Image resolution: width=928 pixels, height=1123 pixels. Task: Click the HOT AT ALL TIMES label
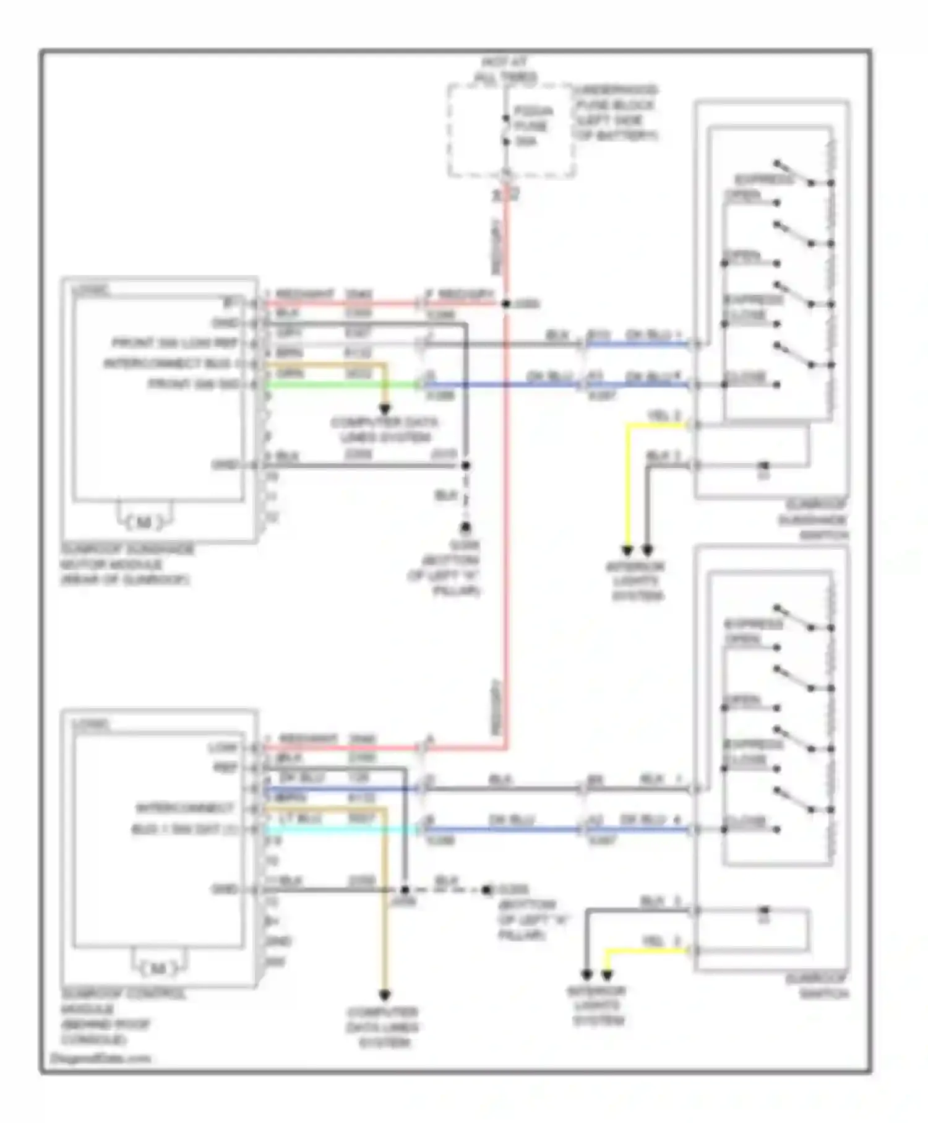coord(505,70)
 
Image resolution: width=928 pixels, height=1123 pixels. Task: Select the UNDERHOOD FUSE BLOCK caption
coord(615,113)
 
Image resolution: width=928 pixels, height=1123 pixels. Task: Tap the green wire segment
coord(340,385)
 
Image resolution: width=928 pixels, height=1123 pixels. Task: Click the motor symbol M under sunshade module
coord(144,523)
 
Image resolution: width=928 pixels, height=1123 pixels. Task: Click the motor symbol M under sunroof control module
coord(158,968)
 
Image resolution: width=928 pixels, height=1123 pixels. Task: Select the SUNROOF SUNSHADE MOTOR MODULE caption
coord(127,565)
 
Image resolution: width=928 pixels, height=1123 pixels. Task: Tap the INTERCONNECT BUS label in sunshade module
coord(167,363)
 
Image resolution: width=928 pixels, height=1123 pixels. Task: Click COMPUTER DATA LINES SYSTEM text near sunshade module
coord(384,430)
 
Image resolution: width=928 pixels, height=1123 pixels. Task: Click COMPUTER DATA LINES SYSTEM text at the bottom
coord(384,1027)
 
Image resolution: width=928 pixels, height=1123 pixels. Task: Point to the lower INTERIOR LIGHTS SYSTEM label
coord(598,1005)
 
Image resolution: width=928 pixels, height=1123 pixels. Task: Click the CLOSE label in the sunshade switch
coord(745,376)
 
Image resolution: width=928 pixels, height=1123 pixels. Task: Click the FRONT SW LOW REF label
coord(175,343)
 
